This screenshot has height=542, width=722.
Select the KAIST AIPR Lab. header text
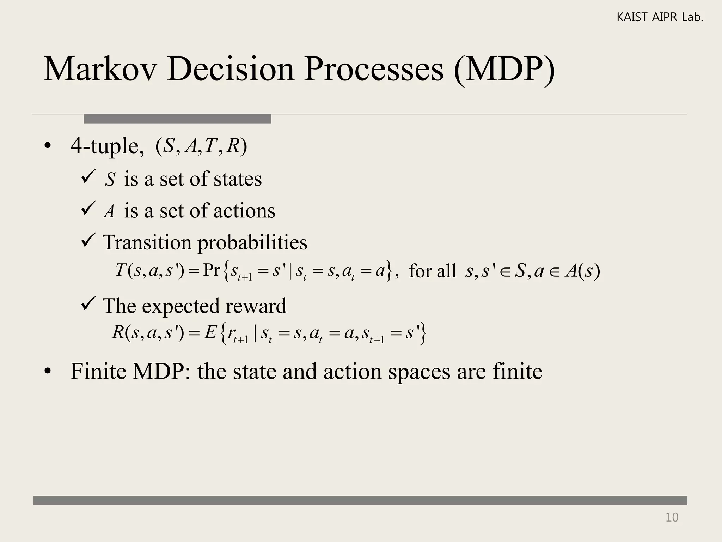pyautogui.click(x=660, y=17)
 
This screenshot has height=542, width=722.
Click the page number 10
pyautogui.click(x=672, y=517)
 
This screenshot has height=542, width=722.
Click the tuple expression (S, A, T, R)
pyautogui.click(x=201, y=146)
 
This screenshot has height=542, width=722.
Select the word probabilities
pyautogui.click(x=252, y=242)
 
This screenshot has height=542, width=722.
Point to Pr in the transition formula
pyautogui.click(x=212, y=270)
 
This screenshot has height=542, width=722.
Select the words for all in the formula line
pyautogui.click(x=432, y=271)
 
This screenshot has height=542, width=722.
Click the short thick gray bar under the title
pyautogui.click(x=177, y=119)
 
